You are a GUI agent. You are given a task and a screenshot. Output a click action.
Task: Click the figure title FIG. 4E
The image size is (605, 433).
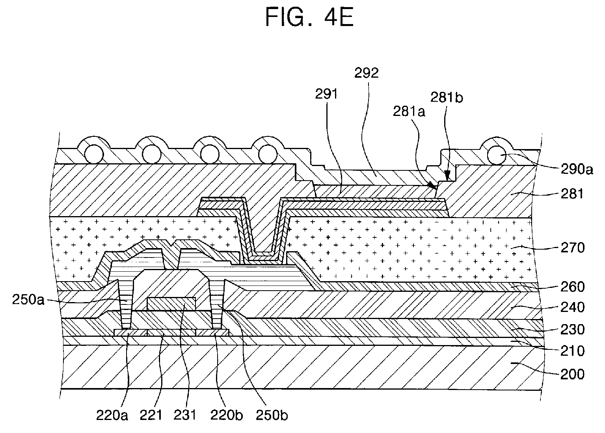pos(309,17)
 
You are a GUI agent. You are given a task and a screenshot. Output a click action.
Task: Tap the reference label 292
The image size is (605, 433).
pos(366,74)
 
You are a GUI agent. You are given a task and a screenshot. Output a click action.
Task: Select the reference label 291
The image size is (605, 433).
pos(327,94)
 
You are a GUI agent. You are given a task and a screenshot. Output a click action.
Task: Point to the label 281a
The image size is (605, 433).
pos(409,112)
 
